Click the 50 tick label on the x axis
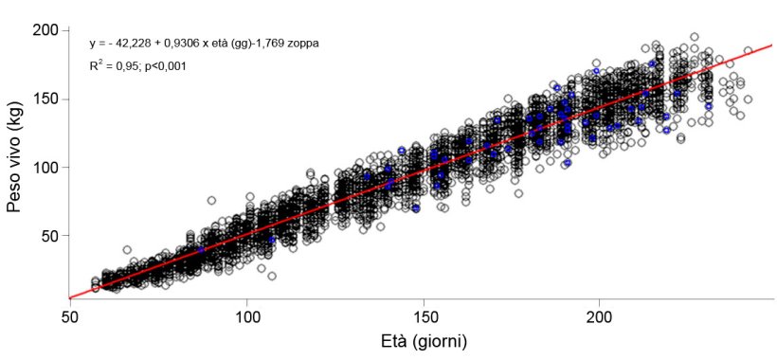70,316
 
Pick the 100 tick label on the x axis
247,316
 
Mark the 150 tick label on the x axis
424,316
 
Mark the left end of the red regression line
71,297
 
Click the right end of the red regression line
772,45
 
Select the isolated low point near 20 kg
272,276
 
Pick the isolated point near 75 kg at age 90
211,200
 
